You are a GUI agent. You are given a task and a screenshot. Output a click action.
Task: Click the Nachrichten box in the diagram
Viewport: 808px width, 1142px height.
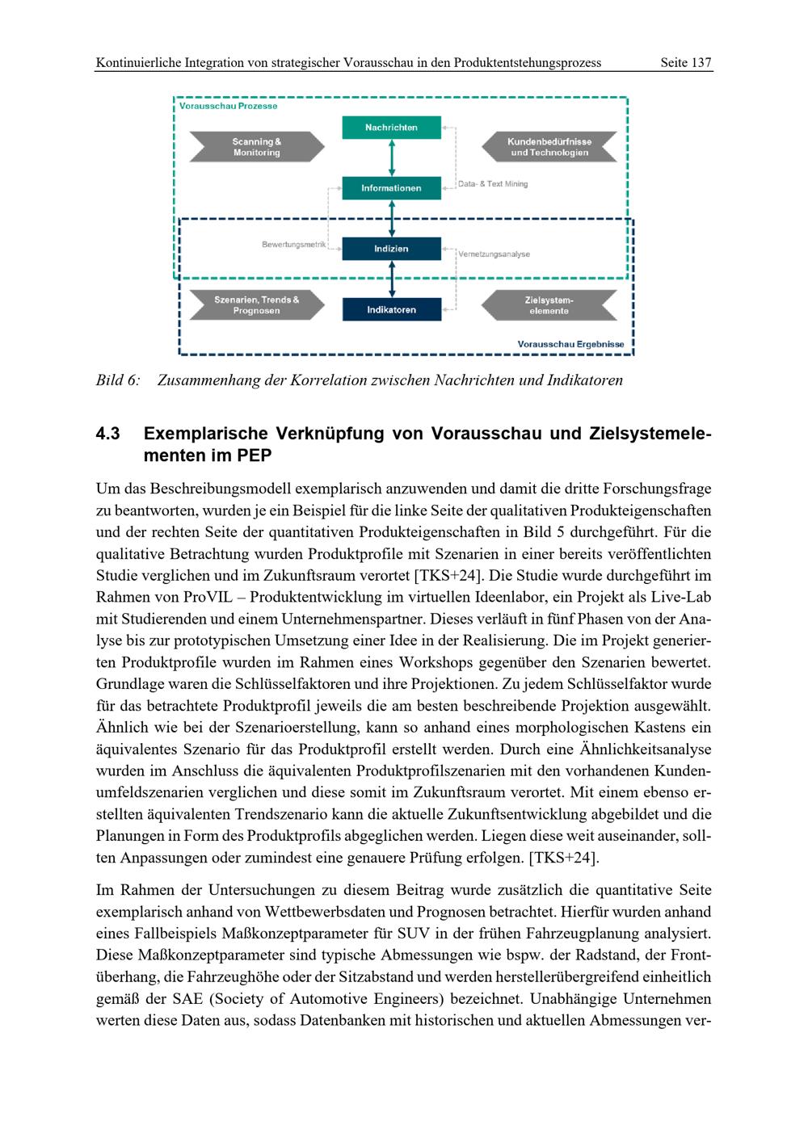(x=391, y=128)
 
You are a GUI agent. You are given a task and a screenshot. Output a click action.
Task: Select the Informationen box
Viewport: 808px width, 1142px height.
(x=391, y=188)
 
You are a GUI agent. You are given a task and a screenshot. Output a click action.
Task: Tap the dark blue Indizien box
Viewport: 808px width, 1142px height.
(x=391, y=249)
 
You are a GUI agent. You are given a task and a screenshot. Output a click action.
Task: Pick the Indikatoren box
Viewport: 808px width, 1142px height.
(x=391, y=309)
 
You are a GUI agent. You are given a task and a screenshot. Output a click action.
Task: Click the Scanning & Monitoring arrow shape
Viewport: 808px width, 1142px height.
(x=256, y=147)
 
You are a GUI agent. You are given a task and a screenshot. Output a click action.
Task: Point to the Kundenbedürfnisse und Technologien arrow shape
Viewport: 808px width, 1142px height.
(x=549, y=147)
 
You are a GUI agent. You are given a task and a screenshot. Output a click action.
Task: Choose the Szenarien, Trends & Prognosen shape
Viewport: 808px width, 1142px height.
(x=256, y=305)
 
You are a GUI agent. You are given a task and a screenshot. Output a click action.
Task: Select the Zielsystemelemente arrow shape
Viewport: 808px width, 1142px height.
(x=549, y=305)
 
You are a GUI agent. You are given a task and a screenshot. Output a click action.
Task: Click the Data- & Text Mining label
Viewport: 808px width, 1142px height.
(x=493, y=184)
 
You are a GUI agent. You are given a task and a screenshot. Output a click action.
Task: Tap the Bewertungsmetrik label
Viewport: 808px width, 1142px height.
(x=293, y=244)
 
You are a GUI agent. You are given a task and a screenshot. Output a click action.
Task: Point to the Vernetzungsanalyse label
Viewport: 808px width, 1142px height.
(x=494, y=254)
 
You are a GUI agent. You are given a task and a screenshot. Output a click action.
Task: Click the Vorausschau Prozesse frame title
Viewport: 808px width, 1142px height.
(x=228, y=106)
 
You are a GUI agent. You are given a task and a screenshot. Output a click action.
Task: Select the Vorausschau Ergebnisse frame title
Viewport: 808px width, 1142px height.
(x=570, y=344)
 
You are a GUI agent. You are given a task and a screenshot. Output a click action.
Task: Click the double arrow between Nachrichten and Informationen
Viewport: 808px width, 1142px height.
(x=392, y=157)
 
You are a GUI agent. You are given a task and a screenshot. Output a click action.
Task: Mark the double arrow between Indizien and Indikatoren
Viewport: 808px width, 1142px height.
(x=392, y=279)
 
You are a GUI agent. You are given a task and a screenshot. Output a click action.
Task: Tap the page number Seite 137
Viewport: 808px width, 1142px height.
(x=685, y=62)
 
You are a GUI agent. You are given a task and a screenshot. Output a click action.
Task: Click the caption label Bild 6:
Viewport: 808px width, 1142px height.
(x=118, y=380)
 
